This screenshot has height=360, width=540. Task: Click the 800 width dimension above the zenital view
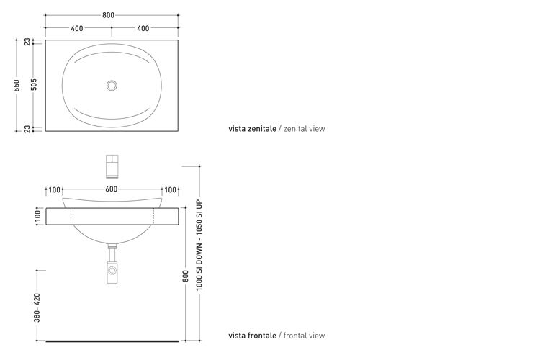click(x=108, y=15)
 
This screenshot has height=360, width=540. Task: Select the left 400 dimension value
click(x=77, y=28)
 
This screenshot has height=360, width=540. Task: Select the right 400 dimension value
click(x=143, y=28)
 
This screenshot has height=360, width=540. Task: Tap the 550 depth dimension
click(x=17, y=86)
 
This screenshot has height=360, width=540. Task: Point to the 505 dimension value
click(x=34, y=84)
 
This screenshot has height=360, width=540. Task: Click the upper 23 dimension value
click(x=27, y=42)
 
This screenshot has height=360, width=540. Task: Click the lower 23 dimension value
click(x=27, y=129)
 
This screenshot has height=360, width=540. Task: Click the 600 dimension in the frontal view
click(x=111, y=189)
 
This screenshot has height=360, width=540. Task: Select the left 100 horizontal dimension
click(x=55, y=190)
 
